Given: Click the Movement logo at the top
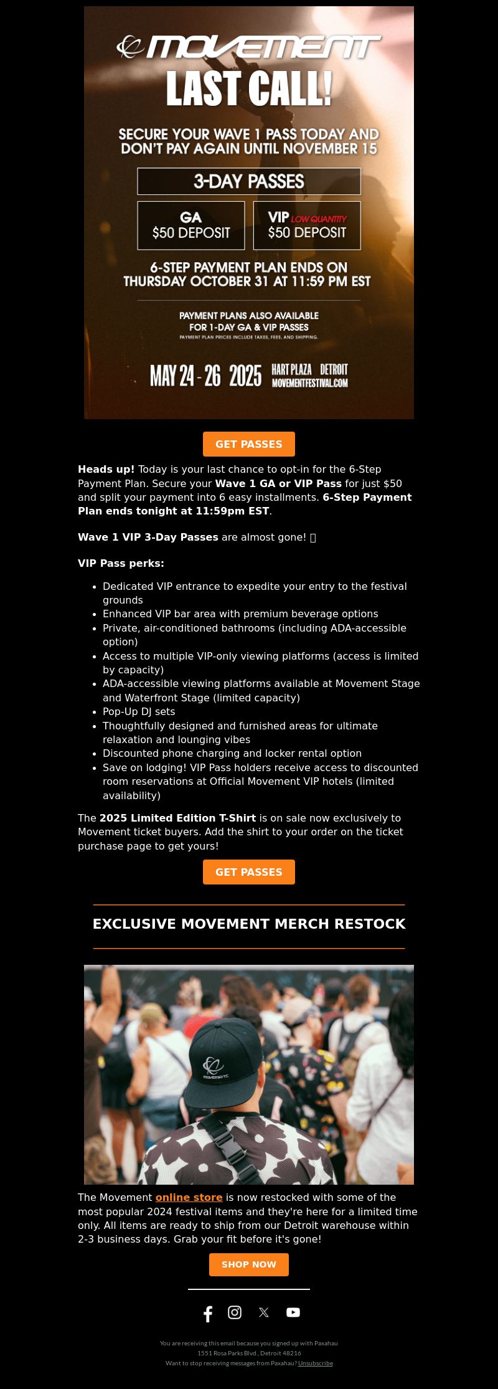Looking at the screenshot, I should tap(249, 47).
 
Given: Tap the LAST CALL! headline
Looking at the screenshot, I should tap(249, 88).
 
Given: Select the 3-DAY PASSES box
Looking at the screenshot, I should tap(249, 181).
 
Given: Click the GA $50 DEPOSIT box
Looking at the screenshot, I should tap(191, 225).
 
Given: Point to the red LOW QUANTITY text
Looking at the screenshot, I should tap(319, 219).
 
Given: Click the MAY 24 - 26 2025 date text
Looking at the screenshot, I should tap(205, 376).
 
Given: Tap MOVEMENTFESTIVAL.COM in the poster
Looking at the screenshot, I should tap(309, 382).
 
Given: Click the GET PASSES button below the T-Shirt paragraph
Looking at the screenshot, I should tap(249, 872).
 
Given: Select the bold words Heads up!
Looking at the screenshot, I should tap(106, 469).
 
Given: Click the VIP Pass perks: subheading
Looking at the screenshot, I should tap(121, 563).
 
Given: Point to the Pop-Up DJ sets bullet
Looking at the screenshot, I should tap(139, 711).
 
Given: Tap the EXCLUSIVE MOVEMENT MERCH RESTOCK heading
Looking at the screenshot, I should tap(249, 924).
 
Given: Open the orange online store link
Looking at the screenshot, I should tap(189, 1197).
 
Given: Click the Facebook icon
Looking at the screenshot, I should tap(208, 1314).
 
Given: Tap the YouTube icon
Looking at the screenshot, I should tap(293, 1312).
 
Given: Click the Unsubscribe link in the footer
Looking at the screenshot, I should tap(315, 1363).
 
